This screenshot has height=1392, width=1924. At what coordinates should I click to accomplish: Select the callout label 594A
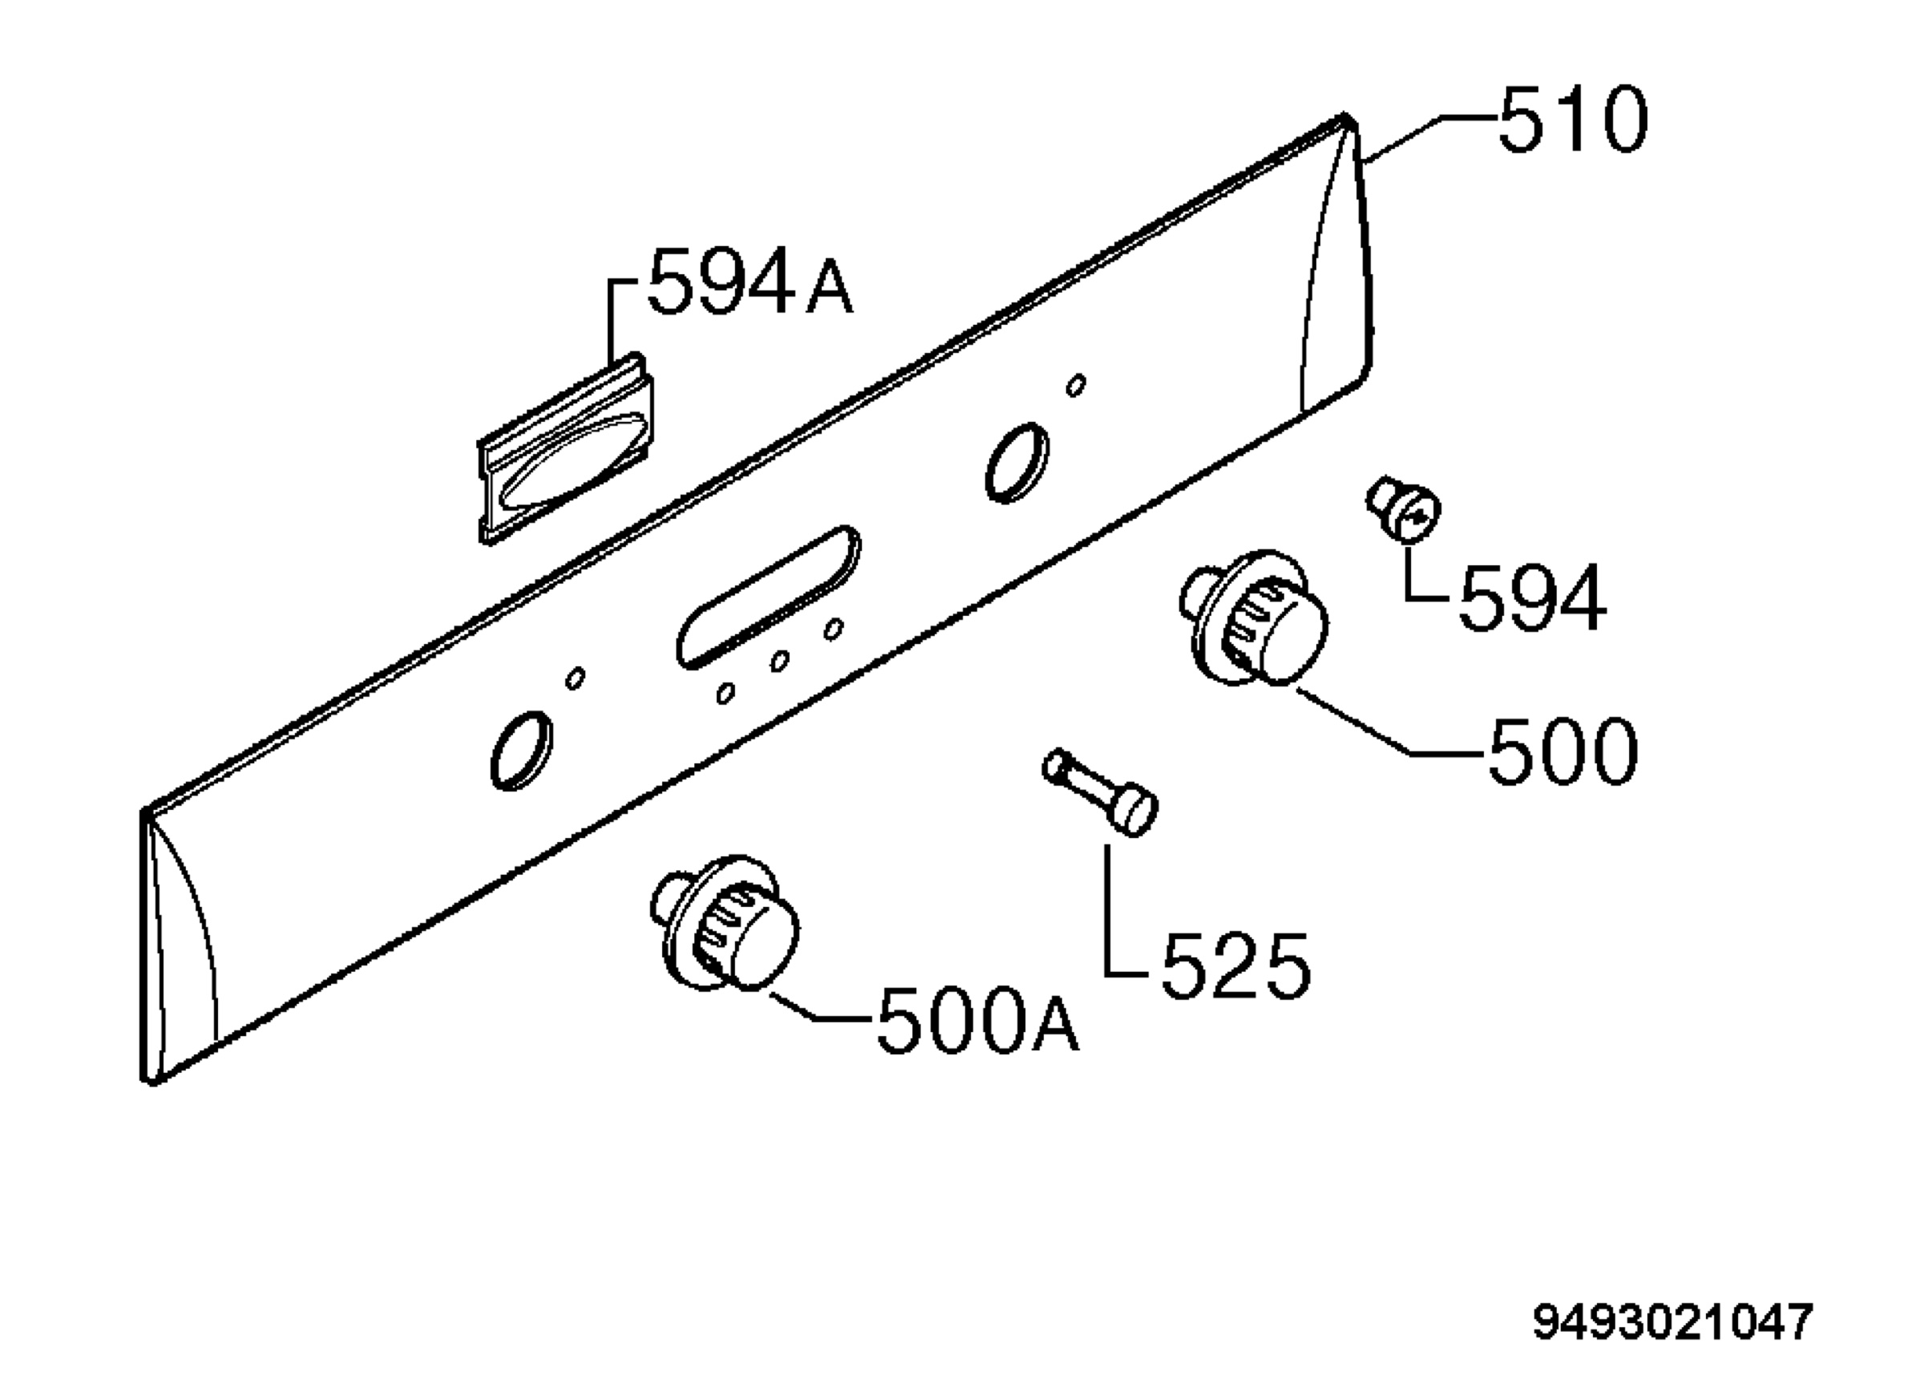point(750,280)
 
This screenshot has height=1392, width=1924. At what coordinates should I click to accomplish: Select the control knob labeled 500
point(1254,617)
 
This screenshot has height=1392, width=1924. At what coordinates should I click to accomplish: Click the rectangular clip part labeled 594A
point(566,448)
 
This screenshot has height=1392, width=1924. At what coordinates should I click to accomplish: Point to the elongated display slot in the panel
point(769,597)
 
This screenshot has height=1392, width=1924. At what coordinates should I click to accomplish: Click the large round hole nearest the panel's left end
point(522,750)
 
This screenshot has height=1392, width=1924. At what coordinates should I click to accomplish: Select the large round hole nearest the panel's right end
point(1017,463)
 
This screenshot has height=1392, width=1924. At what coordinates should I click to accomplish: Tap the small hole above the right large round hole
point(1076,385)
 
